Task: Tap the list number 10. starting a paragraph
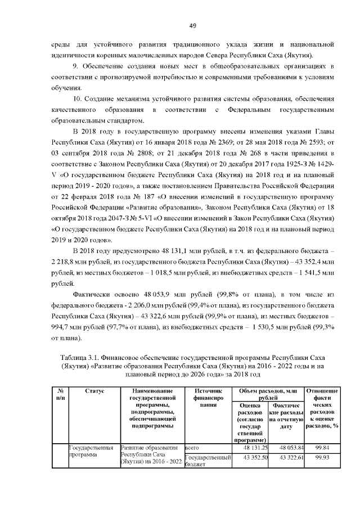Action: point(78,98)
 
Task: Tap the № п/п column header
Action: point(58,394)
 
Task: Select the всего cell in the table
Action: point(193,447)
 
